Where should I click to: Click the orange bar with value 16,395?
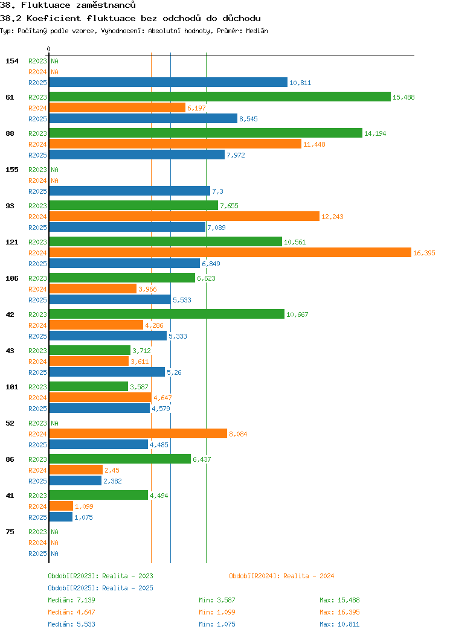230,253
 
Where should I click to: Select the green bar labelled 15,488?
220,97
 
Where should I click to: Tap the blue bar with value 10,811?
168,83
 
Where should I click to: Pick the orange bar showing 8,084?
138,434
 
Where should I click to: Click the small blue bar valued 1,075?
61,517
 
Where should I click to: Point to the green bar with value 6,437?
120,459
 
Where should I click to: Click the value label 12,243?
332,217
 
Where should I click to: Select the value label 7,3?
217,191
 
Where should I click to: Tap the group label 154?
12,61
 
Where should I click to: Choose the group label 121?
12,242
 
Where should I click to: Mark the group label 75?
10,532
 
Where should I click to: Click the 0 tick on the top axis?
49,49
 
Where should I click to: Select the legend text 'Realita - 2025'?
127,588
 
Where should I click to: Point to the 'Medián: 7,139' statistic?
71,600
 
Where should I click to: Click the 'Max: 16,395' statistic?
339,612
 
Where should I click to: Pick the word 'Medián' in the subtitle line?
257,31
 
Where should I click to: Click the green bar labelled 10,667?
167,314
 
